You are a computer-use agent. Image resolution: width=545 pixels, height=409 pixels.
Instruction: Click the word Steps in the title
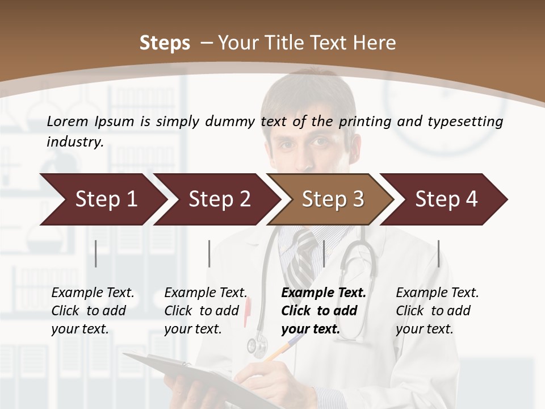[x=165, y=43]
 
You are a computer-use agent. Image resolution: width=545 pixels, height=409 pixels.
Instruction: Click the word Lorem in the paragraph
[x=67, y=121]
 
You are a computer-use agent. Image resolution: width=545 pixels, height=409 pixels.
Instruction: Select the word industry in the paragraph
[x=74, y=141]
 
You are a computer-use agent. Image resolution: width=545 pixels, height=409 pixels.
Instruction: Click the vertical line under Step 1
[x=96, y=253]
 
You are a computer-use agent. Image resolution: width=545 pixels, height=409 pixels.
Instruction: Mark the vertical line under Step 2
[x=209, y=253]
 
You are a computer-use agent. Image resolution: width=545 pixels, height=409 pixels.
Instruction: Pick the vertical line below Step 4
[x=438, y=253]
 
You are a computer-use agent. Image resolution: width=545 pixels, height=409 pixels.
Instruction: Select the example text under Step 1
[x=92, y=311]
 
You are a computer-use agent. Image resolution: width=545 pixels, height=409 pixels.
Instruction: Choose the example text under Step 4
[x=437, y=311]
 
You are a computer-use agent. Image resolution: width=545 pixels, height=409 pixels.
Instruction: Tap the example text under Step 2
[x=205, y=311]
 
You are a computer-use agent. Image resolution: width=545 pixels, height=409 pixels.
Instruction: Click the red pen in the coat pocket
[x=248, y=312]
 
